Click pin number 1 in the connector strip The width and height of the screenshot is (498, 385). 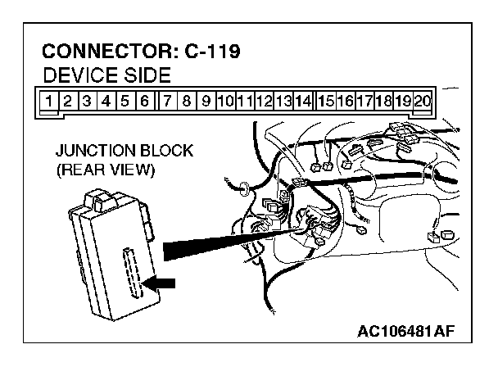coord(50,102)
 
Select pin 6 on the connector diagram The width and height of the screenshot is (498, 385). coord(144,102)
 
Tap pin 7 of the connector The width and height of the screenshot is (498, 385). coord(169,102)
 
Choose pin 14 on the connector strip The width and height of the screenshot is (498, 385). coord(302,102)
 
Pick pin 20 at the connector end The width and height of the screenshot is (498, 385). coord(423,102)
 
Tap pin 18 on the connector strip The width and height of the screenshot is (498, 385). coord(383,102)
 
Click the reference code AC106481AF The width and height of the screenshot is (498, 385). coord(405,332)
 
